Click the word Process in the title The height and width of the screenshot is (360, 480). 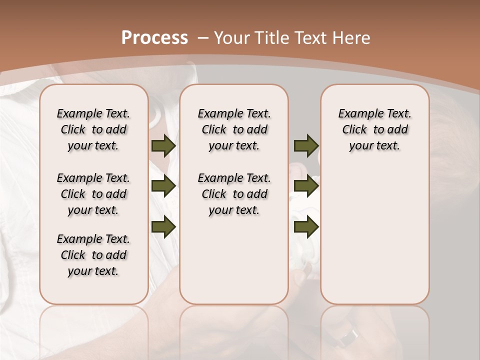pyautogui.click(x=154, y=38)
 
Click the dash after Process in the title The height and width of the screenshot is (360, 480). pyautogui.click(x=202, y=38)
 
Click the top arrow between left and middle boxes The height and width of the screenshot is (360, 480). pyautogui.click(x=163, y=145)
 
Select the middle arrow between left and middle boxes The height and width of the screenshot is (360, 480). pyautogui.click(x=163, y=186)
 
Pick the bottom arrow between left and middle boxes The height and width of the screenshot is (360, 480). pyautogui.click(x=163, y=227)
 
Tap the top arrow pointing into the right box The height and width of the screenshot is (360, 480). pyautogui.click(x=306, y=145)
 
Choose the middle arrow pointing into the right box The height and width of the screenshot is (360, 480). pyautogui.click(x=306, y=186)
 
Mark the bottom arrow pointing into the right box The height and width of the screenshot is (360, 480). pyautogui.click(x=306, y=227)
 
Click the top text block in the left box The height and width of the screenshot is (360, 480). pyautogui.click(x=93, y=129)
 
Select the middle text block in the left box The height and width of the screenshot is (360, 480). pyautogui.click(x=93, y=194)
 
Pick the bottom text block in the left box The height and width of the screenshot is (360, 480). pyautogui.click(x=93, y=255)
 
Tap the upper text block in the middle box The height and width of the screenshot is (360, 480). pyautogui.click(x=234, y=129)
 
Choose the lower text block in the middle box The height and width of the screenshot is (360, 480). pyautogui.click(x=234, y=194)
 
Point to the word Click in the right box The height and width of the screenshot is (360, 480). pyautogui.click(x=354, y=130)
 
